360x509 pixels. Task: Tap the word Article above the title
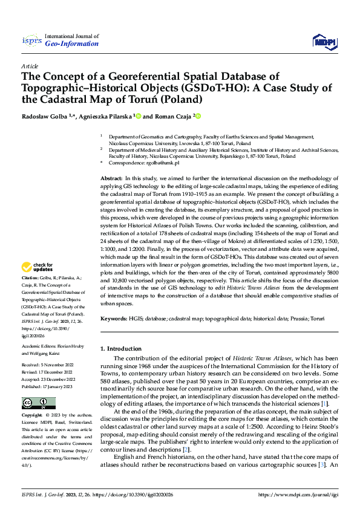30,65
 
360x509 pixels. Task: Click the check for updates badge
39,284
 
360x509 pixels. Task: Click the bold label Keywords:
114,318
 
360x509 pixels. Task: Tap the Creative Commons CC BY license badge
38,403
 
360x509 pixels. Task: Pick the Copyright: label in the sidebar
33,417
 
